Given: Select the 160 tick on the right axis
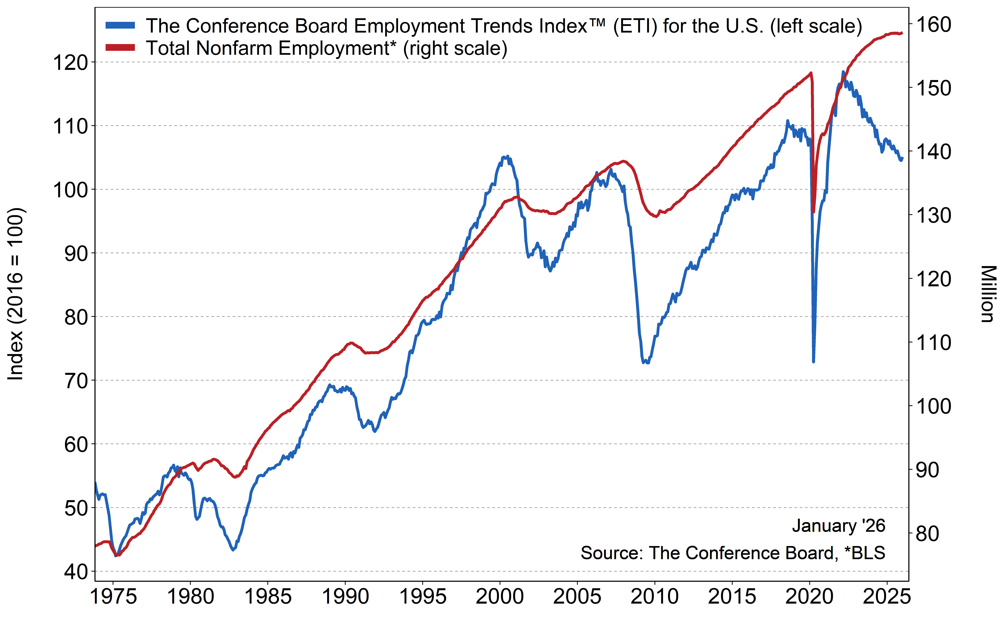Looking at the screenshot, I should pyautogui.click(x=933, y=25).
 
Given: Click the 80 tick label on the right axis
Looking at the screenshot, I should pyautogui.click(x=927, y=534).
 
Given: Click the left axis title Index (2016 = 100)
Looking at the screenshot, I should pyautogui.click(x=16, y=294).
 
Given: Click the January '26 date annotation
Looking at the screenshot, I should pyautogui.click(x=838, y=526).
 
